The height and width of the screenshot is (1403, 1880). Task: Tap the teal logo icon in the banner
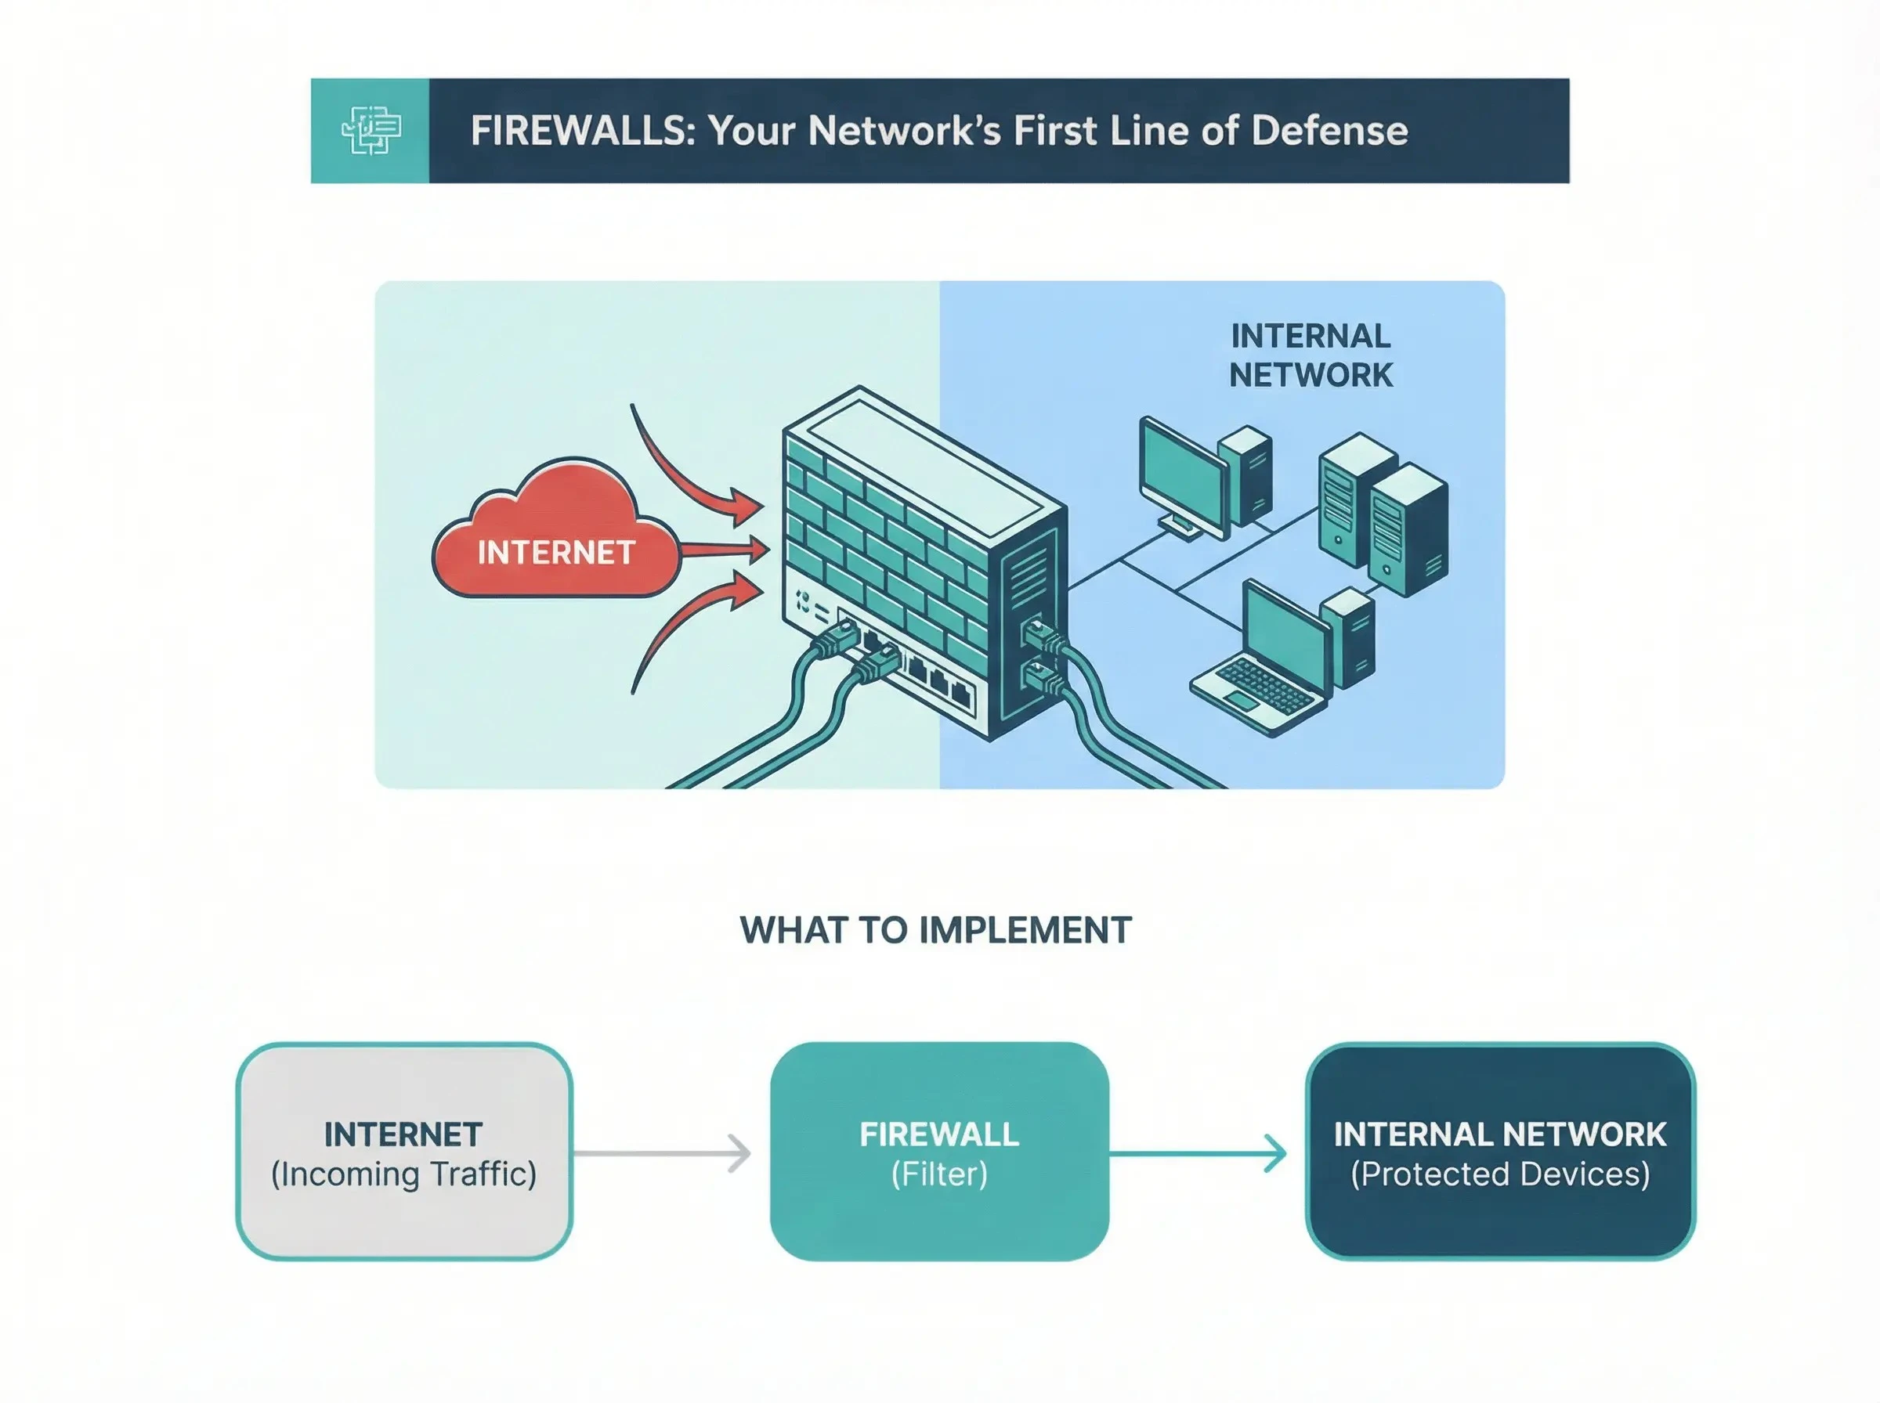371,131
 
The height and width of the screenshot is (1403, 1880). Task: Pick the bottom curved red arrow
680,629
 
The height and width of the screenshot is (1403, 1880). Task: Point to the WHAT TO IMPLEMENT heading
935,931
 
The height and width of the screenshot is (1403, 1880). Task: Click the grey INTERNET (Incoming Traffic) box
404,1152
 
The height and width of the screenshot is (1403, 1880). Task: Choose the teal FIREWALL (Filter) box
938,1152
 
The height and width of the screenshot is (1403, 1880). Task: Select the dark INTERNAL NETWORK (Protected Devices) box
1500,1152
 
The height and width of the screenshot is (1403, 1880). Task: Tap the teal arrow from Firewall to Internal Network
1198,1153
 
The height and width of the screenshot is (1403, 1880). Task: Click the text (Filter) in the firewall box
938,1174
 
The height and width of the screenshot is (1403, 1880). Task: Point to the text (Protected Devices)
1500,1174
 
